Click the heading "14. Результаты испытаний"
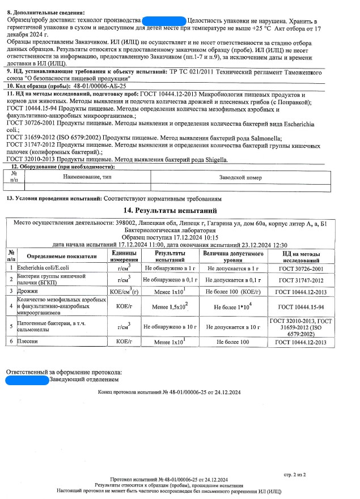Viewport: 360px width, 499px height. (x=180, y=210)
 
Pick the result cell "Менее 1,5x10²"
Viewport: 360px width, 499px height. (x=171, y=306)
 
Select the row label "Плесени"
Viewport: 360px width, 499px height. (x=28, y=342)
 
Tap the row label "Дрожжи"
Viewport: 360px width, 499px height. (x=29, y=291)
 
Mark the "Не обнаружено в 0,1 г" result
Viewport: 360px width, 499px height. (x=170, y=279)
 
